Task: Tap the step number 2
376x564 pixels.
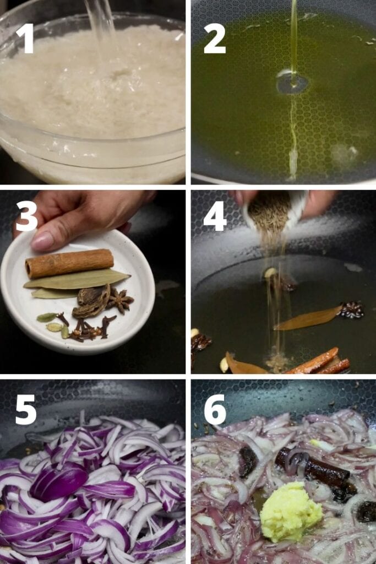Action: tap(215, 39)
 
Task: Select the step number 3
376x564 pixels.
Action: tap(26, 215)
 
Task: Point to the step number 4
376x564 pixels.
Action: tap(215, 215)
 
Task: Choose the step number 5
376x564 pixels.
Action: tap(26, 409)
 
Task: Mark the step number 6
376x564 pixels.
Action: tap(215, 409)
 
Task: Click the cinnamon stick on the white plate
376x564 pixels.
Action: tap(69, 263)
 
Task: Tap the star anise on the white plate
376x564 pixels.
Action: tap(121, 300)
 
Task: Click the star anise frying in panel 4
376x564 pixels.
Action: tap(352, 310)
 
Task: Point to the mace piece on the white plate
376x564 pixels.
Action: tap(91, 301)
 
